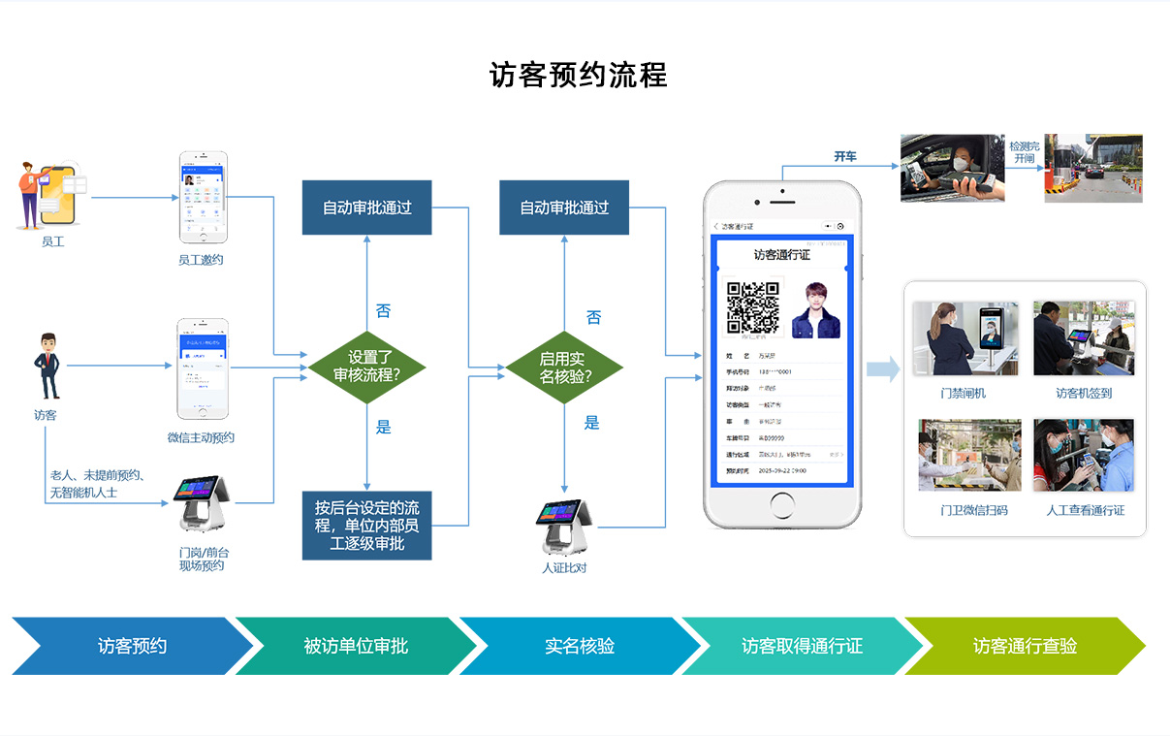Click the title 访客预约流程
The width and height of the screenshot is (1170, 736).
pos(579,76)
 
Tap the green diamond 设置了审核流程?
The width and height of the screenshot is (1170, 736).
pos(367,367)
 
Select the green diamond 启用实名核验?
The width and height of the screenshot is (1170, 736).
pos(563,368)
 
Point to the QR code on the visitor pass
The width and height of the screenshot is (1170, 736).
pos(753,306)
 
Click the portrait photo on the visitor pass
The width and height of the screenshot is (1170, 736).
pos(815,309)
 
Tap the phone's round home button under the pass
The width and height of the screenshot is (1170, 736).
pos(781,508)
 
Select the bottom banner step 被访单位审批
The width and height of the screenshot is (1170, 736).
pos(356,646)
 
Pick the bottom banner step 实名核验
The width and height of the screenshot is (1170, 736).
pos(579,646)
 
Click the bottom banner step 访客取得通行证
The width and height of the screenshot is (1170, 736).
pos(802,646)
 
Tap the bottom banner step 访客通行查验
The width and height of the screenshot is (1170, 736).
pos(1025,646)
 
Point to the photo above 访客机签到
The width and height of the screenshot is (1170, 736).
pos(1083,338)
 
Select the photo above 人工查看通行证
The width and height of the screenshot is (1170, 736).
pos(1083,455)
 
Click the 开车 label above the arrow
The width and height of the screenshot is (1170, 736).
pos(845,156)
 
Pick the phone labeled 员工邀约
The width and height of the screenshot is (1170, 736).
pos(202,197)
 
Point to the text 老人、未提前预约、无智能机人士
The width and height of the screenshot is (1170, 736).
pos(97,484)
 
